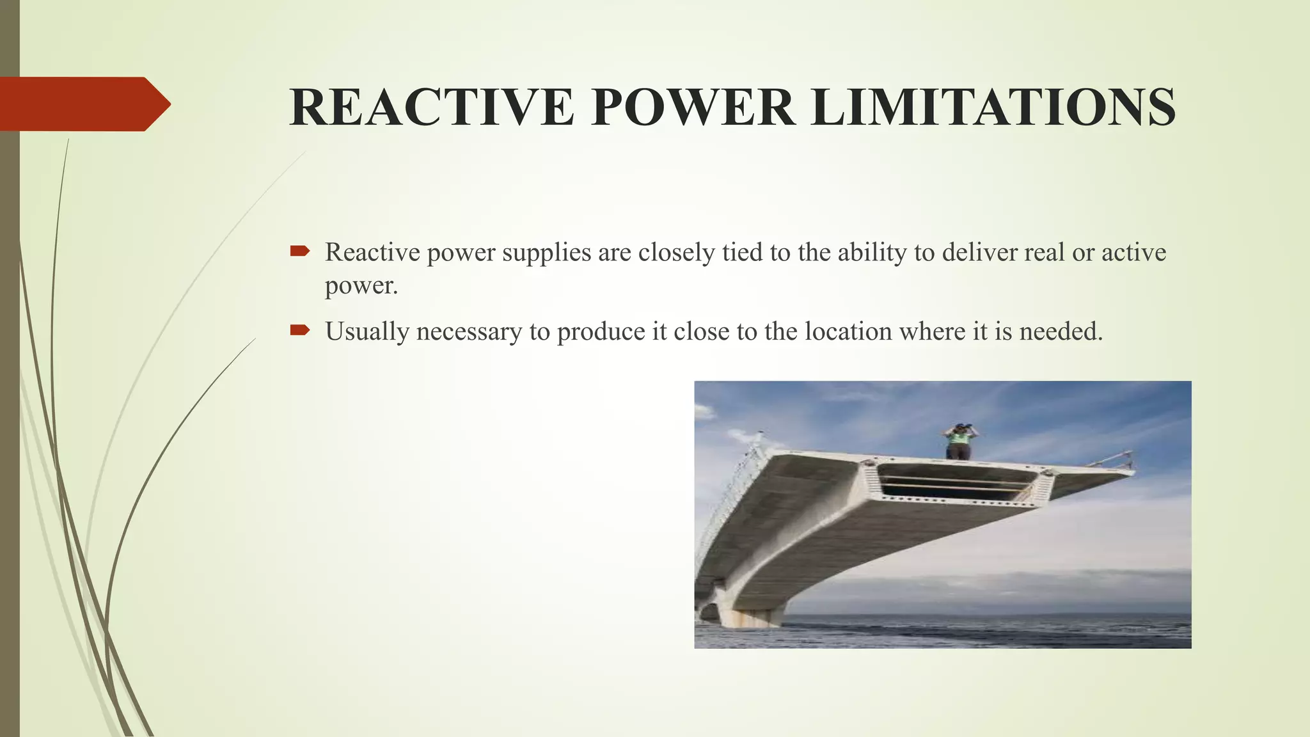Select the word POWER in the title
(693, 107)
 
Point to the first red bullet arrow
(299, 251)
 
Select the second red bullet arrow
(299, 330)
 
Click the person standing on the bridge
(958, 441)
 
